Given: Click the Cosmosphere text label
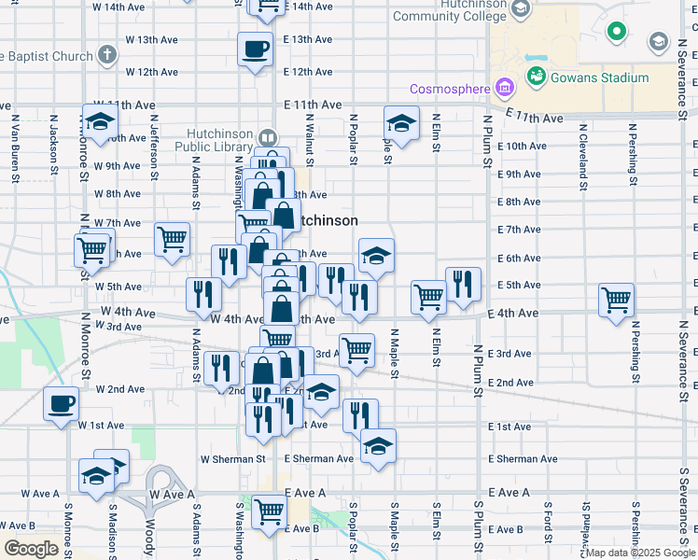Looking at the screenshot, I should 451,90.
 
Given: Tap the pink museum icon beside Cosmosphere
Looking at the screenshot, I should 505,90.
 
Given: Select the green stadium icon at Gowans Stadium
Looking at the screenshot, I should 537,76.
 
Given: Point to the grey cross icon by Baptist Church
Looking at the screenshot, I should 108,54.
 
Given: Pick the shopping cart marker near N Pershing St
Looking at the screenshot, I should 617,301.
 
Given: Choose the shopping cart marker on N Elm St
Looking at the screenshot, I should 428,298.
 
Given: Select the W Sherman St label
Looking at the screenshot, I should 233,459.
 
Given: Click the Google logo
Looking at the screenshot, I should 31,549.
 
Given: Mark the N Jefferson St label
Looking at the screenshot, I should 152,146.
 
